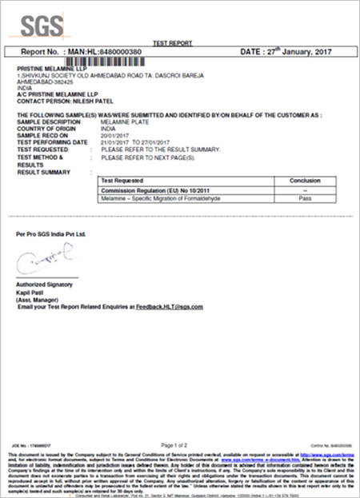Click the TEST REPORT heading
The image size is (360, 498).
click(x=179, y=42)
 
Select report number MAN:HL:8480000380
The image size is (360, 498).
click(x=105, y=51)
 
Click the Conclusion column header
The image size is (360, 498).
click(x=305, y=181)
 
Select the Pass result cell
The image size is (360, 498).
click(x=305, y=197)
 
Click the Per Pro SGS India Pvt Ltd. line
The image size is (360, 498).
click(x=50, y=234)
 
